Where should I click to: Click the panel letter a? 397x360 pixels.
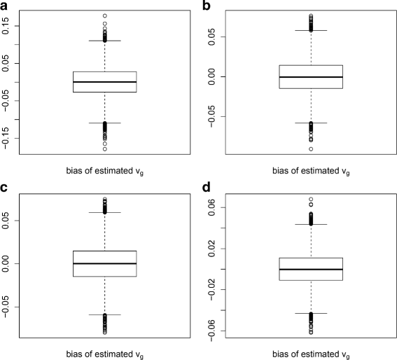point(5,6)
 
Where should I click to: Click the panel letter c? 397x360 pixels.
point(5,187)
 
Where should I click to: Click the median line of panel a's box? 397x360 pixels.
point(104,82)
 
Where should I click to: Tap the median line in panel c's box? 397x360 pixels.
point(104,263)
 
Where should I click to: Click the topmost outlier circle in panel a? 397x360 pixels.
point(104,15)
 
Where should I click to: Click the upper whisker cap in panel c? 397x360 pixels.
point(104,212)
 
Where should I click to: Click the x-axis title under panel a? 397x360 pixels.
point(104,172)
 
